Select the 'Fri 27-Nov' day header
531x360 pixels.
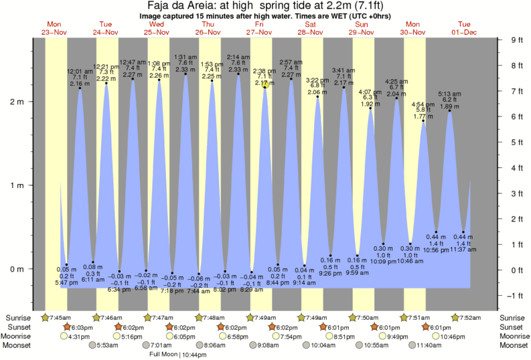click(x=259, y=28)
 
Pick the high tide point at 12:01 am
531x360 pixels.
click(x=80, y=88)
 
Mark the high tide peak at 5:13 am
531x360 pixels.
click(x=449, y=110)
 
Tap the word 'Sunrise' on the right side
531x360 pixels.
click(x=512, y=317)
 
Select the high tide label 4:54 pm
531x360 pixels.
click(x=423, y=104)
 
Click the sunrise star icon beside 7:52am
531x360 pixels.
click(x=456, y=317)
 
